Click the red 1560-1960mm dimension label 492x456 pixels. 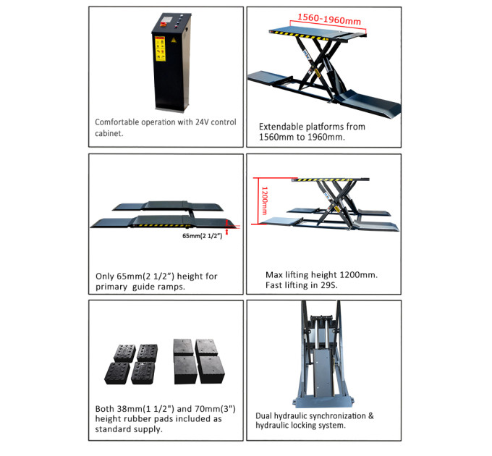pos(329,19)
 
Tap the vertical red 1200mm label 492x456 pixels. pos(264,200)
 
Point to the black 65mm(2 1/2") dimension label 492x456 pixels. pos(203,236)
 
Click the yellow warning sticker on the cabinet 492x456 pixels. pos(160,48)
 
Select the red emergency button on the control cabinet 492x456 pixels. pos(164,23)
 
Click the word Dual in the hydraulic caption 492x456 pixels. pos(263,416)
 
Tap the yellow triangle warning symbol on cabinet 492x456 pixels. pos(174,40)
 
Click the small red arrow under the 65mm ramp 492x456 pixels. pos(227,232)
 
